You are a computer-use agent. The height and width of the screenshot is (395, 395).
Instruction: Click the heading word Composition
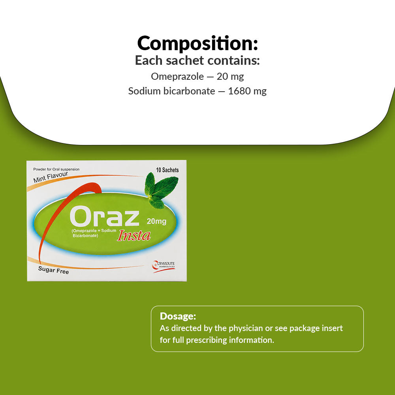(x=196, y=43)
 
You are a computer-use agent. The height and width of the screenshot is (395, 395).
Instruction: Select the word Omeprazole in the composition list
(x=177, y=77)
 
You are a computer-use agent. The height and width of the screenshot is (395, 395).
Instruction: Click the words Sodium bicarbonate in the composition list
(x=171, y=91)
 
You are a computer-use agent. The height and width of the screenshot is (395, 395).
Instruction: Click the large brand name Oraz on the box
(x=104, y=216)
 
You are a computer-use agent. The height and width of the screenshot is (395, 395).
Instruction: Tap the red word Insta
(x=134, y=236)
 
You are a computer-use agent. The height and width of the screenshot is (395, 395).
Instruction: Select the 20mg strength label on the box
(x=156, y=222)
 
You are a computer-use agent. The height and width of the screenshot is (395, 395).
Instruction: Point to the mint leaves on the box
(x=161, y=190)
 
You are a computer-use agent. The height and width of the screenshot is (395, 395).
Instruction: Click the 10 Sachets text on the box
(x=167, y=170)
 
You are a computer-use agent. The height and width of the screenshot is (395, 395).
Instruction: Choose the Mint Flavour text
(x=51, y=177)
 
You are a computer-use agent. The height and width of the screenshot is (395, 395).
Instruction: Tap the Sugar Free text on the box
(x=53, y=270)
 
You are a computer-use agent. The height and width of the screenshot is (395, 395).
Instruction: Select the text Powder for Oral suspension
(x=56, y=169)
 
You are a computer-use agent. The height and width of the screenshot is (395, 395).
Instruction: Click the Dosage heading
(x=178, y=316)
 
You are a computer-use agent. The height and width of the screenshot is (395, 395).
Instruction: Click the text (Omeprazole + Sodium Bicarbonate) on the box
(x=94, y=233)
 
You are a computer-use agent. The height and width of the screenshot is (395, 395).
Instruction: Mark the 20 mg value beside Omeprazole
(x=230, y=77)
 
